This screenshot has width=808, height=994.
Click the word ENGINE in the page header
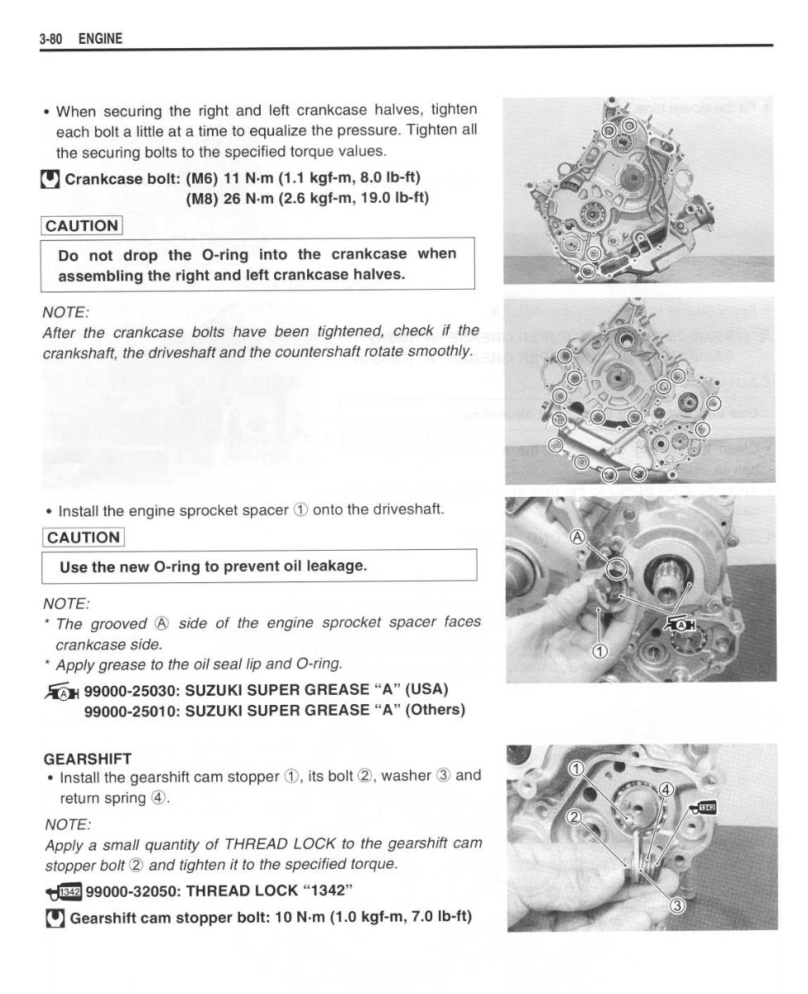coord(100,39)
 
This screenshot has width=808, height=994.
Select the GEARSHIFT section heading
coord(87,758)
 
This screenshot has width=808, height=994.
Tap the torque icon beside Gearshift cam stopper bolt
coord(55,918)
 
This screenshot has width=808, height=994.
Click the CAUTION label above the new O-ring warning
coord(83,538)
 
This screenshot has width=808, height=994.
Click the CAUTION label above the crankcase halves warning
coord(82,226)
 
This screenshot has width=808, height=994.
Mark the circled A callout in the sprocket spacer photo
coord(578,537)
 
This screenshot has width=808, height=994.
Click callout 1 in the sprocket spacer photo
coord(602,650)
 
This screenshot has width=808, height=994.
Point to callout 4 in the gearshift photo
coord(666,789)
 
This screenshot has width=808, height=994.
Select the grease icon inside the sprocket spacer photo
coord(679,623)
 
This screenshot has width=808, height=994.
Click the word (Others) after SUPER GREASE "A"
coord(435,710)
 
